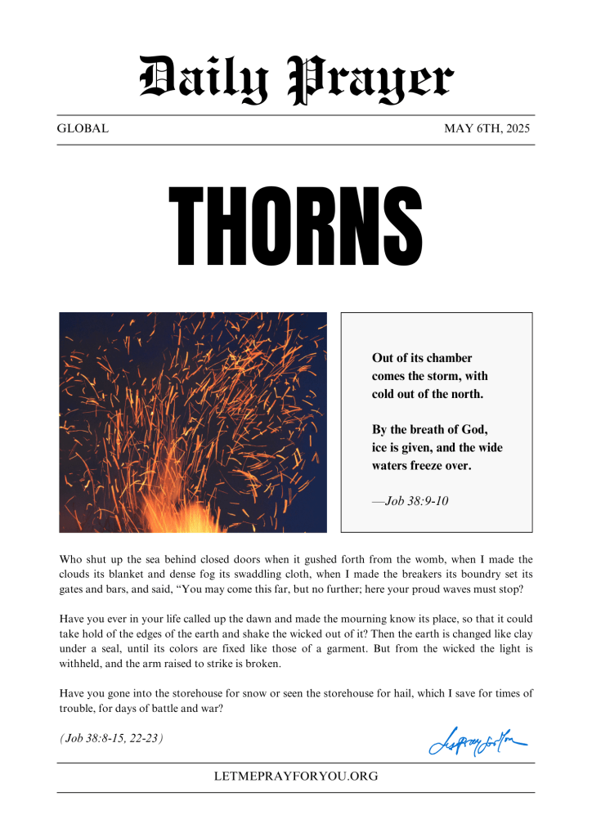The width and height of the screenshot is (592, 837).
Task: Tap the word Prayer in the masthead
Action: point(371,79)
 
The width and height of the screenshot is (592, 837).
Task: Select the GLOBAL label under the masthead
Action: point(83,129)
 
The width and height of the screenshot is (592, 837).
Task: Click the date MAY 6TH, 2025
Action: point(487,129)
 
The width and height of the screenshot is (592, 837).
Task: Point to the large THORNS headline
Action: point(295,226)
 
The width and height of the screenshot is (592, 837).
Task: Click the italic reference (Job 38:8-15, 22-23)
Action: point(111,738)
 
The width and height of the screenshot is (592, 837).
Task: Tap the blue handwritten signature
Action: point(477,742)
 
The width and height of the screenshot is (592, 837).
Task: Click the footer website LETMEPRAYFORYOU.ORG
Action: point(295,777)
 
